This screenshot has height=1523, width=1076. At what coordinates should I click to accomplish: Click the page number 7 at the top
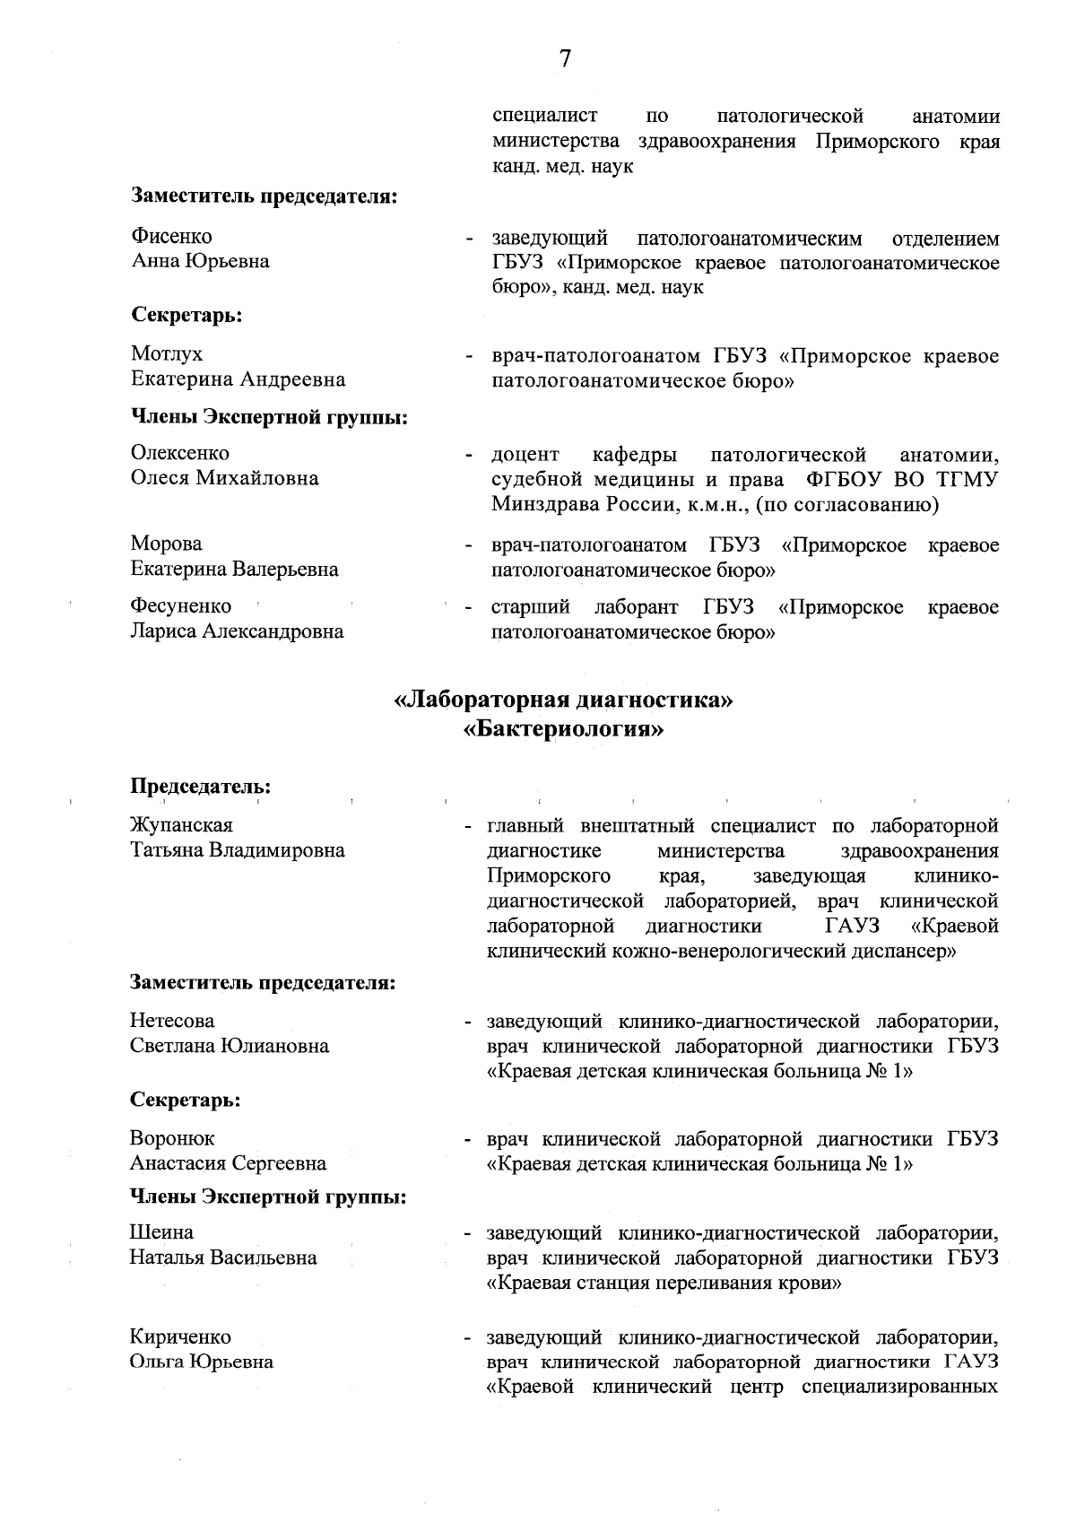point(565,59)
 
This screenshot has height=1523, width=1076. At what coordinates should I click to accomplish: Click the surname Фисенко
point(172,237)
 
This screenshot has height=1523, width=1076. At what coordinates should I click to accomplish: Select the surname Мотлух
point(167,354)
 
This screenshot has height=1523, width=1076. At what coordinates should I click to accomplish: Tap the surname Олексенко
point(180,453)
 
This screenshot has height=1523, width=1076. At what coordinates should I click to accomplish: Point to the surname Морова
point(167,544)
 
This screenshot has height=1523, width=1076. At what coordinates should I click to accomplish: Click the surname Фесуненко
point(181,606)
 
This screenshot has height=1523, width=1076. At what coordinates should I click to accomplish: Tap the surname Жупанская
point(181,825)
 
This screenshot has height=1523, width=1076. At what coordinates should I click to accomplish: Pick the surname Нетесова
point(172,1021)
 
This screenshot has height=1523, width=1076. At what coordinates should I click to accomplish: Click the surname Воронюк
point(172,1138)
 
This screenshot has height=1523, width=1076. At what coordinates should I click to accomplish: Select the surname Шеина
point(161,1232)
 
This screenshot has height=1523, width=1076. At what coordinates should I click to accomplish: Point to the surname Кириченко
point(180,1337)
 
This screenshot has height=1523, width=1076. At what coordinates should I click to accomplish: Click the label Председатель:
point(201,787)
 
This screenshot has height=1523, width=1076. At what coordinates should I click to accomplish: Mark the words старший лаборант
point(585,607)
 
